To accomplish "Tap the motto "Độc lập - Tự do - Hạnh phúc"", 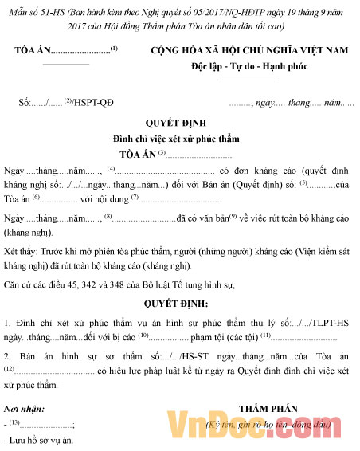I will pyautogui.click(x=249, y=67).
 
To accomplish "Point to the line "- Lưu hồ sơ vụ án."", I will pyautogui.click(x=39, y=440).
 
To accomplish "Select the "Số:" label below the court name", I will pyautogui.click(x=26, y=104).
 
